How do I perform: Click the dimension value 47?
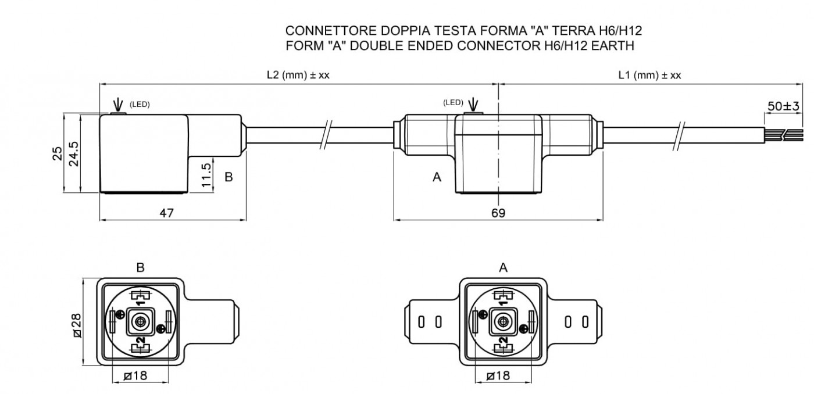pos(167,213)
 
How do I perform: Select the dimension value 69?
pos(498,213)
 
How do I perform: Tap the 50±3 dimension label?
pos(784,106)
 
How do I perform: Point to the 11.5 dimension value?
pos(206,175)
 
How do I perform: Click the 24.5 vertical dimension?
pos(74,153)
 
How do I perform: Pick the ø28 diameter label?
pos(77,325)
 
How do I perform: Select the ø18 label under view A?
pos(498,375)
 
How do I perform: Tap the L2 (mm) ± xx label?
pos(298,75)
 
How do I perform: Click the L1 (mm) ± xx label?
pos(650,75)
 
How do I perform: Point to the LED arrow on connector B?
pos(117,105)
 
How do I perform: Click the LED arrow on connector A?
pos(473,105)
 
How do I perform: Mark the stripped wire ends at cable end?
pos(784,135)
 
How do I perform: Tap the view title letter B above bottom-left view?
pos(140,268)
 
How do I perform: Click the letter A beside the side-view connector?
pos(437,177)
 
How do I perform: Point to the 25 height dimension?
pos(58,153)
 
